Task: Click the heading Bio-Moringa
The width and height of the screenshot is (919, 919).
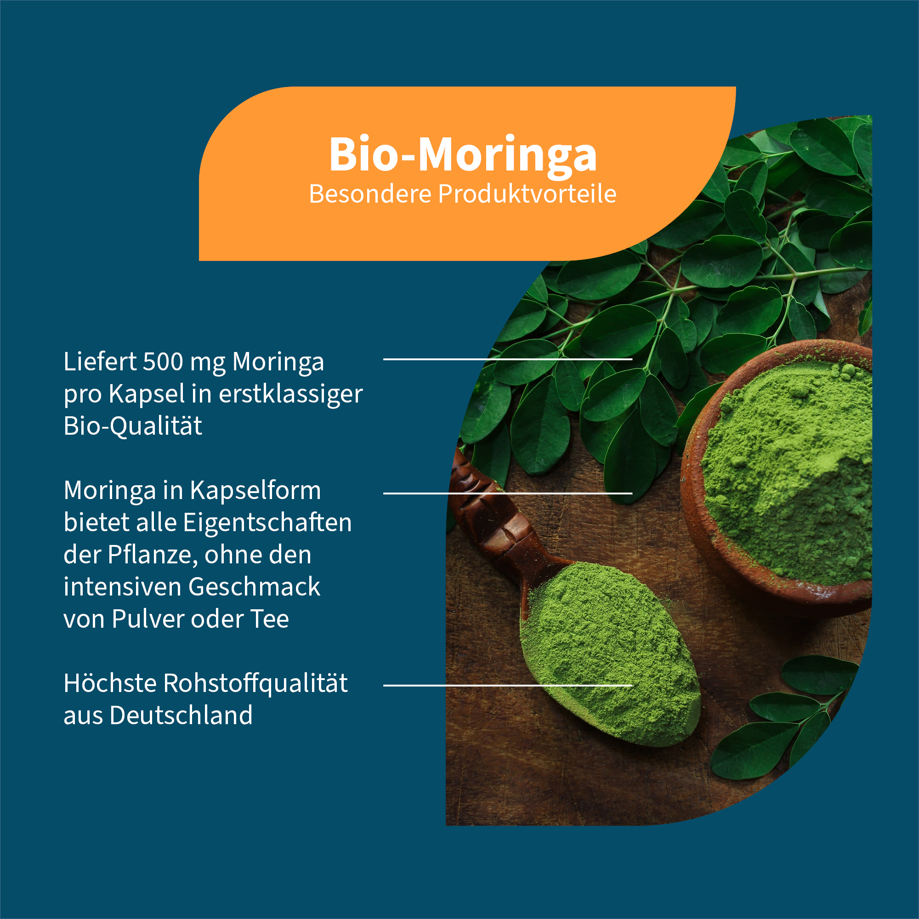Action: (x=462, y=155)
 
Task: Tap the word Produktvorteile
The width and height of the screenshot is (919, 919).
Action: (x=527, y=194)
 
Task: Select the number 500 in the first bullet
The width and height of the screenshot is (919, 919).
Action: (x=163, y=362)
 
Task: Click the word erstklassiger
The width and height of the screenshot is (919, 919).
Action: (x=291, y=395)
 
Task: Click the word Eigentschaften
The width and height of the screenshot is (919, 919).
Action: (x=267, y=522)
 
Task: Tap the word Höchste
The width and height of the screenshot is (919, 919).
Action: (x=110, y=684)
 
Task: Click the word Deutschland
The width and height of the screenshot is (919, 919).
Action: (x=181, y=715)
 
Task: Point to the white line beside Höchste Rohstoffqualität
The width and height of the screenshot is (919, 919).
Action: (x=508, y=686)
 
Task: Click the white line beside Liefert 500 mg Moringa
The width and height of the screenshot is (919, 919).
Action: (x=508, y=359)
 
